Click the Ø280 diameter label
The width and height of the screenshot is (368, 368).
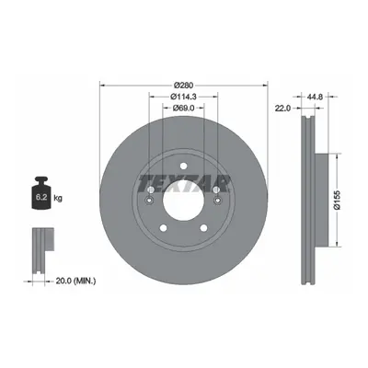pos(183,85)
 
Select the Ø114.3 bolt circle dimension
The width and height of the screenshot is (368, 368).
pos(183,97)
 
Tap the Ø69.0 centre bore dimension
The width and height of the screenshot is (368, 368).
pos(183,108)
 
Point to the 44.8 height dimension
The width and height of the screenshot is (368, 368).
pos(315,97)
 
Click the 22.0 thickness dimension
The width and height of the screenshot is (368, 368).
pos(282,108)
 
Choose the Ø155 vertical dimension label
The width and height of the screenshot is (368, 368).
pos(338,200)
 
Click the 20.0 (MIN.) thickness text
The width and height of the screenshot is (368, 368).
pos(75,281)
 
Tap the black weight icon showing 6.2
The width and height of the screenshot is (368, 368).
pos(41,193)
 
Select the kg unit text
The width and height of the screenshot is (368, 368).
pos(58,198)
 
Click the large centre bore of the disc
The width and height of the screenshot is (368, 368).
pos(183,200)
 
